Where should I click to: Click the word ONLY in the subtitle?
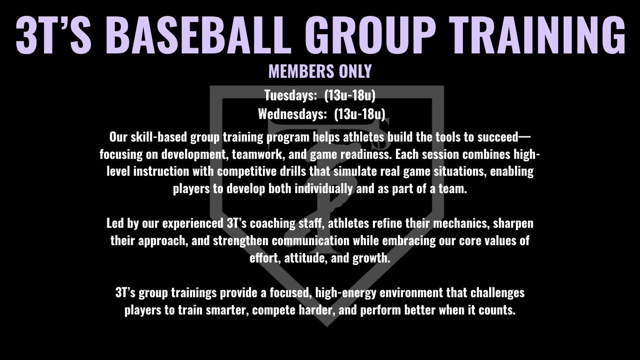coord(355,71)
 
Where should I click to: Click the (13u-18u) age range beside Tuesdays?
coord(350,95)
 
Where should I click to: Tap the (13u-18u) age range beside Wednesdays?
coord(359,114)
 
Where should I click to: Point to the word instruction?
coord(161,172)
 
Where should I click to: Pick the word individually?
coord(323,189)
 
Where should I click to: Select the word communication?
coord(311,240)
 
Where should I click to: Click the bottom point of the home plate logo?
coord(327,326)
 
